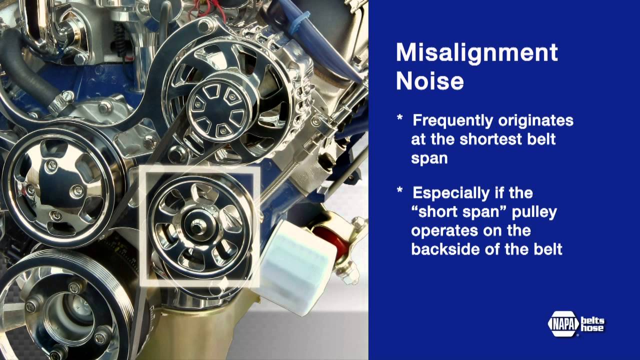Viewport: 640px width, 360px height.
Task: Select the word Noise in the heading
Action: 429,81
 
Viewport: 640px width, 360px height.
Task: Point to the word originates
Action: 536,121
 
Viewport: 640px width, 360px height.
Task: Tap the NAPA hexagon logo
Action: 563,323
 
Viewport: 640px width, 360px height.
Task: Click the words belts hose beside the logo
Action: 592,324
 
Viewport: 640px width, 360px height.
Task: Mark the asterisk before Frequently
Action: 399,117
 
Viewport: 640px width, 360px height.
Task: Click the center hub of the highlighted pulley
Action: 197,225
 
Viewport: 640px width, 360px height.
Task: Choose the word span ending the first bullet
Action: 429,158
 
